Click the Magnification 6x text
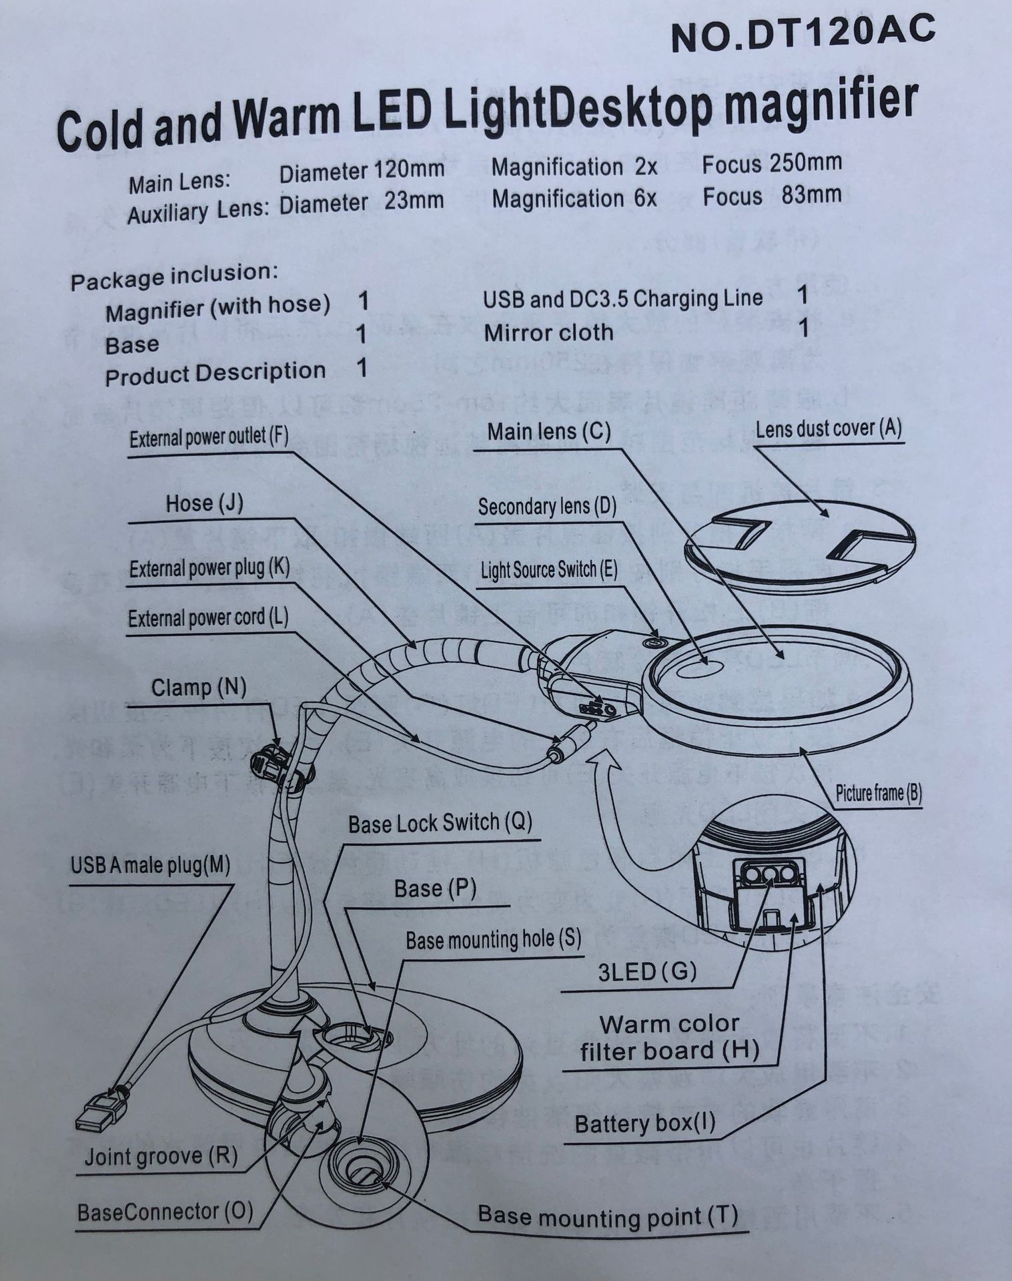(x=574, y=199)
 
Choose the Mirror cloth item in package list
(x=548, y=332)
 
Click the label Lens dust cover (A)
(x=828, y=429)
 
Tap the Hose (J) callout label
(x=204, y=503)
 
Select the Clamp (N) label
(x=198, y=688)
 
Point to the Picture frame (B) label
(x=878, y=793)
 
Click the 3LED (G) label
(x=646, y=972)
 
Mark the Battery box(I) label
(x=644, y=1123)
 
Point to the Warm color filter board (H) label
(x=669, y=1038)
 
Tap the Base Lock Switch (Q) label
(x=440, y=823)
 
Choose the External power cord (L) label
(x=207, y=618)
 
